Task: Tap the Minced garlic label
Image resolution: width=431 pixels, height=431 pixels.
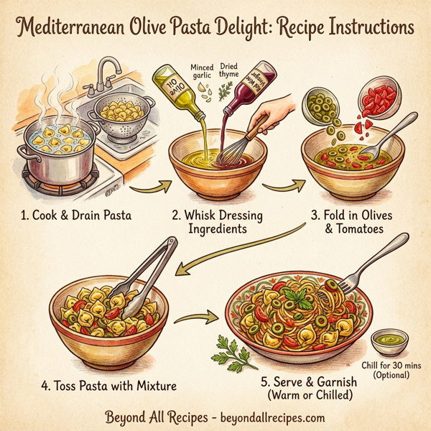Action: tap(202, 73)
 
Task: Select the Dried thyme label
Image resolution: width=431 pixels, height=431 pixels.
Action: tap(229, 73)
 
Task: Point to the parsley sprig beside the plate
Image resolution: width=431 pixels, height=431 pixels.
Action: tap(229, 352)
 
